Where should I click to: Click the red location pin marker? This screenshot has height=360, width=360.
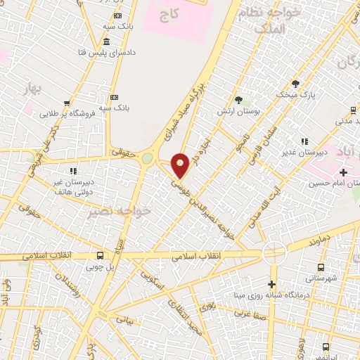tap(181, 165)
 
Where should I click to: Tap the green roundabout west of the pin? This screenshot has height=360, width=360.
tap(147, 158)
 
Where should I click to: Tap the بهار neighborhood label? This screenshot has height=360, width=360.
tap(32, 90)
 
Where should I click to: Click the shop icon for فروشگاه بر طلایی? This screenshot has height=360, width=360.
tap(66, 103)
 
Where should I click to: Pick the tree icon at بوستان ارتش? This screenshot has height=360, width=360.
tap(238, 100)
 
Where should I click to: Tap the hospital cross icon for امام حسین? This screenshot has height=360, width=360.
tap(343, 172)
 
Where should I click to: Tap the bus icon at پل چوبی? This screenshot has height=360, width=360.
tap(100, 255)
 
